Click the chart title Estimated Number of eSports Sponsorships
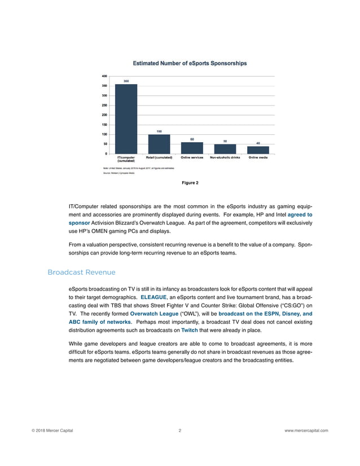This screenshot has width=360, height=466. pyautogui.click(x=190, y=64)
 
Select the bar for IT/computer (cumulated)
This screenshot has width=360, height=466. pyautogui.click(x=126, y=118)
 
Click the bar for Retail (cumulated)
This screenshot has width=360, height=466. pyautogui.click(x=159, y=143)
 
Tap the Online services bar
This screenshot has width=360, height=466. pyautogui.click(x=192, y=147)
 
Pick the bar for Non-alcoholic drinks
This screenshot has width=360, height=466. pyautogui.click(x=225, y=148)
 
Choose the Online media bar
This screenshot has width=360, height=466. pyautogui.click(x=258, y=150)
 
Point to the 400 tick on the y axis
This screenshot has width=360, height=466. pyautogui.click(x=105, y=76)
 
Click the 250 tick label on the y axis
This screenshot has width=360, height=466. pyautogui.click(x=105, y=105)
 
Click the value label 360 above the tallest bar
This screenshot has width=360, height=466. pyautogui.click(x=126, y=81)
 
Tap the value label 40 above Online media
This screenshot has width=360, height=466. pyautogui.click(x=258, y=143)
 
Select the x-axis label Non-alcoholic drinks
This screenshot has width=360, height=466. pyautogui.click(x=225, y=157)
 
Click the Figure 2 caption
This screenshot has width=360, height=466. pyautogui.click(x=190, y=182)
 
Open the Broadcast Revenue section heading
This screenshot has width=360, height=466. pyautogui.click(x=81, y=272)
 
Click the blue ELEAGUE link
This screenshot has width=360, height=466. pyautogui.click(x=153, y=296)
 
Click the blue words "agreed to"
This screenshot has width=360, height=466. pyautogui.click(x=300, y=215)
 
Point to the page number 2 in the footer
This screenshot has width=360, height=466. pyautogui.click(x=179, y=430)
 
